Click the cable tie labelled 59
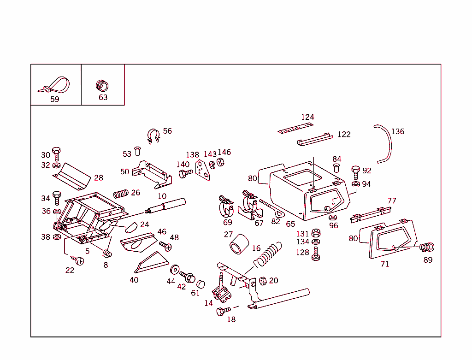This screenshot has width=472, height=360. click(x=56, y=85)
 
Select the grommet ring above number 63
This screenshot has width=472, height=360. click(x=102, y=85)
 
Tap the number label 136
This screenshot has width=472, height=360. click(x=397, y=131)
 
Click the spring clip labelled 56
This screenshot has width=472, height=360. click(x=153, y=136)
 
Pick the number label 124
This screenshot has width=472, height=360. click(x=307, y=117)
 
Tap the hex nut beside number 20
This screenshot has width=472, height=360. click(x=263, y=281)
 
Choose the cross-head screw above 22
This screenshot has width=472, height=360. click(x=80, y=261)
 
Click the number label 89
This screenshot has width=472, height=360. click(x=428, y=260)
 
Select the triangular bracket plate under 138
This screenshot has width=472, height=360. click(x=202, y=169)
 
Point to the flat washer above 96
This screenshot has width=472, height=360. click(x=333, y=217)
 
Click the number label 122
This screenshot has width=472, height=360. click(x=344, y=135)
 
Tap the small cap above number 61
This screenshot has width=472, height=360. click(x=201, y=284)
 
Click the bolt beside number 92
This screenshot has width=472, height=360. click(x=355, y=172)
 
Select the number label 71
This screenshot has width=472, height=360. click(x=385, y=264)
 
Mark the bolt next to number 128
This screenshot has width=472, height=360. click(x=316, y=254)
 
